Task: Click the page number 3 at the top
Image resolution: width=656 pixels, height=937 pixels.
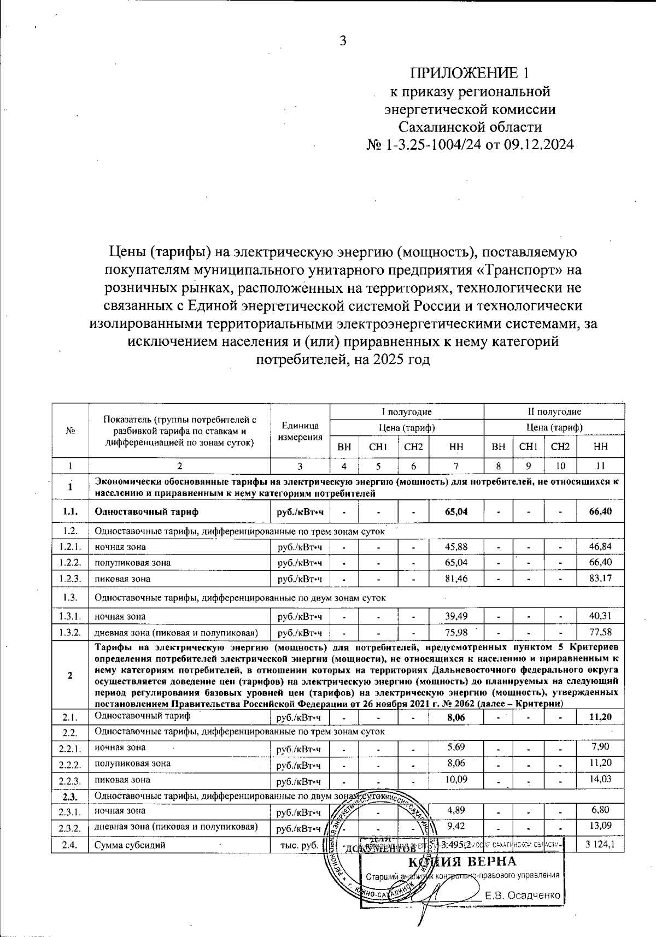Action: (343, 41)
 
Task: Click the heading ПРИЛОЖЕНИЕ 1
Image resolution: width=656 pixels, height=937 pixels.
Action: (470, 73)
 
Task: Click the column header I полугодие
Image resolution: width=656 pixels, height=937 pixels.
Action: (407, 411)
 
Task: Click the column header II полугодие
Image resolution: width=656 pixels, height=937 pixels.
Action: (554, 411)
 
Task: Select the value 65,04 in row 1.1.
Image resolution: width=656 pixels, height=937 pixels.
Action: (456, 512)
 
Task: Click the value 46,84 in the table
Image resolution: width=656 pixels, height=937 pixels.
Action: (600, 546)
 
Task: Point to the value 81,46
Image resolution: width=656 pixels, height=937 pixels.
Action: (456, 578)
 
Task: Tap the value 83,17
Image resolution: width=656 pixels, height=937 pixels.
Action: (600, 578)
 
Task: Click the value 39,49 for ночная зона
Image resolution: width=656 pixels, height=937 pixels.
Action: (456, 616)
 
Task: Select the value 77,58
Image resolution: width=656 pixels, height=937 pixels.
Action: (600, 632)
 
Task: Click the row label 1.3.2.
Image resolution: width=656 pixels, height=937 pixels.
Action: (70, 633)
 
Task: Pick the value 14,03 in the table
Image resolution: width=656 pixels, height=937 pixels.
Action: (600, 779)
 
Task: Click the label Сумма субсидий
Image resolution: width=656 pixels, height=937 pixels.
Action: (130, 845)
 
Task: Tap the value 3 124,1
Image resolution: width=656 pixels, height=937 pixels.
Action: (600, 845)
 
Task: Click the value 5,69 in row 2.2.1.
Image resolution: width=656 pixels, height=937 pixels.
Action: (456, 747)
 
